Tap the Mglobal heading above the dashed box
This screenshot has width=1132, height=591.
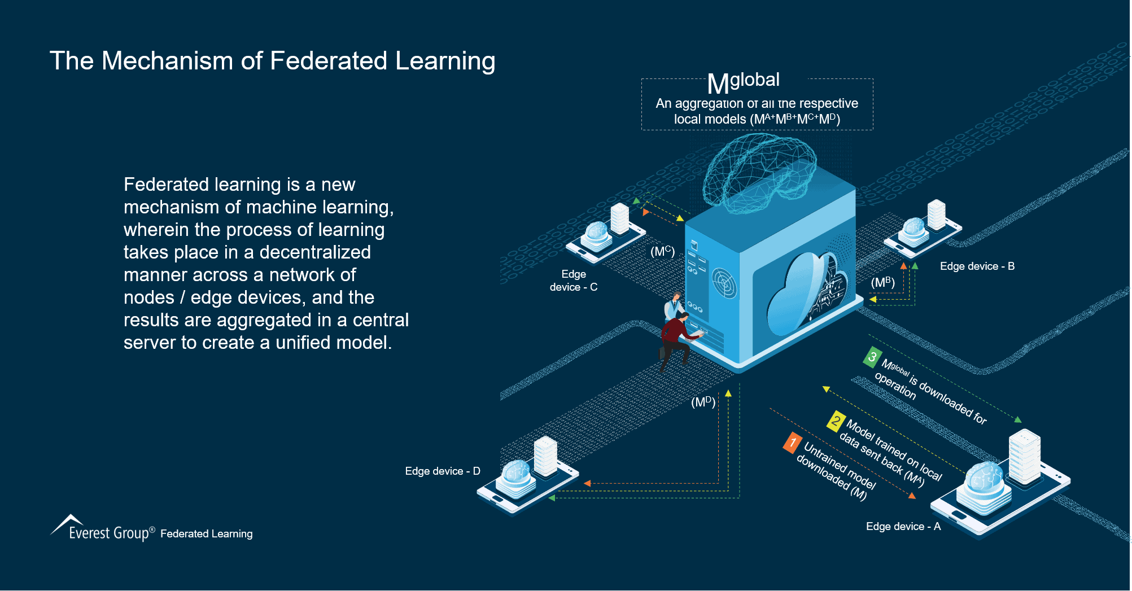click(743, 82)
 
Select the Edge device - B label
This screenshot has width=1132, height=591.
click(977, 266)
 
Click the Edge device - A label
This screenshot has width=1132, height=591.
click(903, 526)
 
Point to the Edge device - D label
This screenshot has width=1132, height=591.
click(442, 471)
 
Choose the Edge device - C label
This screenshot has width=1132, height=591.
click(574, 281)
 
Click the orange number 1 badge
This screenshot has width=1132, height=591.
click(793, 443)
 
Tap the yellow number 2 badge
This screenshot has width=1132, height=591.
click(836, 421)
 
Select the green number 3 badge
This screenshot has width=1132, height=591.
click(872, 357)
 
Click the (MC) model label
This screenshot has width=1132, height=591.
click(662, 251)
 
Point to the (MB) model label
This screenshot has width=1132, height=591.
click(882, 282)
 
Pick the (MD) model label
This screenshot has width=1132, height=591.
click(703, 402)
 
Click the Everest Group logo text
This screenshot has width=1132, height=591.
click(108, 533)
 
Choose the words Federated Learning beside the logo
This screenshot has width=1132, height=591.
click(206, 533)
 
